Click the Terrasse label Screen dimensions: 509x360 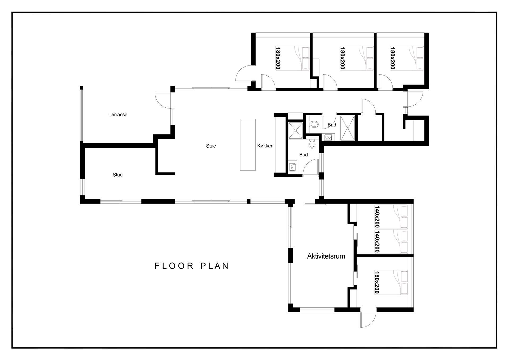[118, 115]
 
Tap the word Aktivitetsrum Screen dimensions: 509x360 [326, 256]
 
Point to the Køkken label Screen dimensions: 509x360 [265, 146]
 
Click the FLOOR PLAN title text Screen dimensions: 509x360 [192, 266]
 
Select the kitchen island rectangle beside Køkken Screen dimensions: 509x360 [248, 145]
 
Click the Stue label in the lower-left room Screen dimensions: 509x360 [117, 175]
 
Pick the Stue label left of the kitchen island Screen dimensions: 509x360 [211, 146]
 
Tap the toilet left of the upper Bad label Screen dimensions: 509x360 [314, 124]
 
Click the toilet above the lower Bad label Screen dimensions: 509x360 [312, 144]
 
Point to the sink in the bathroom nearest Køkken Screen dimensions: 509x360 [292, 167]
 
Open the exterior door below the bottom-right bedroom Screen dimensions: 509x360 [368, 319]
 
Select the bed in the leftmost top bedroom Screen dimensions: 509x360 [292, 58]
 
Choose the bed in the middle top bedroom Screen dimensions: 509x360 [357, 58]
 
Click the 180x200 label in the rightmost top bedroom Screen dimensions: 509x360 [393, 58]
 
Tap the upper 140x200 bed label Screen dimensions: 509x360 [377, 217]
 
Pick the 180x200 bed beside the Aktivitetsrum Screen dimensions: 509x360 [391, 282]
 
